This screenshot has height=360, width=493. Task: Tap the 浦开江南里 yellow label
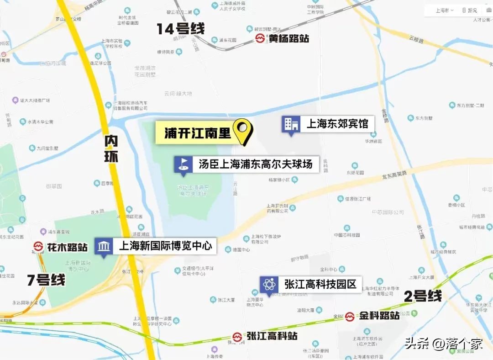(198, 133)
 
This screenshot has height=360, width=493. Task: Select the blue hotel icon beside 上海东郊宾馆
(291, 124)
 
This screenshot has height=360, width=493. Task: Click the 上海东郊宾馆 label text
(337, 124)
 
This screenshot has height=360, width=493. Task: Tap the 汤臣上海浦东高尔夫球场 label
(255, 164)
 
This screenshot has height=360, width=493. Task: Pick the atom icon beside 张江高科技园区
(268, 285)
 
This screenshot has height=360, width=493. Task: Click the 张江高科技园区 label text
(320, 284)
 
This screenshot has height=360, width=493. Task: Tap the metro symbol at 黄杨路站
(260, 39)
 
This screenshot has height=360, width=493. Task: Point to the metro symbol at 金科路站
(350, 316)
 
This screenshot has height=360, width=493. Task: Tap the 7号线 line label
(46, 280)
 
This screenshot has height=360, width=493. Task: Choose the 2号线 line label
(423, 296)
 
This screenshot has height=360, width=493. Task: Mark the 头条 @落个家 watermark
(443, 344)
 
